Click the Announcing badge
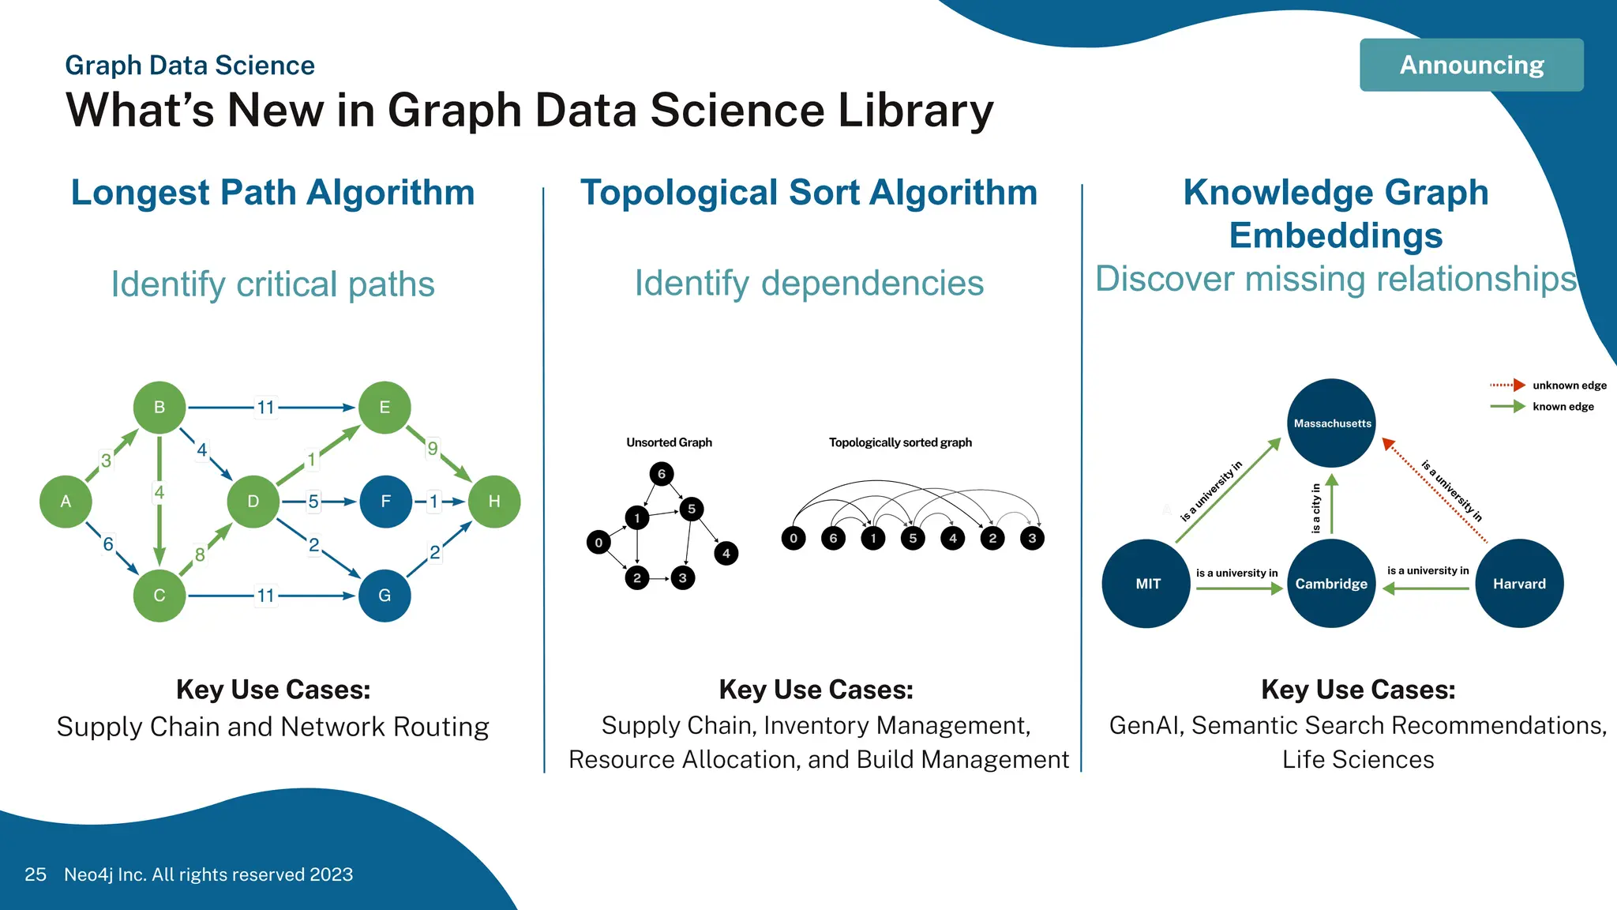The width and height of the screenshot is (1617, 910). pyautogui.click(x=1471, y=65)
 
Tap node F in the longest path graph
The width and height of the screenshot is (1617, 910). pyautogui.click(x=385, y=502)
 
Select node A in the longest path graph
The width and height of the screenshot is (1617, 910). pyautogui.click(x=66, y=502)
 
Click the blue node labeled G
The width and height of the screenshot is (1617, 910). pyautogui.click(x=385, y=596)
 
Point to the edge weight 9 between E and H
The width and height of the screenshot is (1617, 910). pyautogui.click(x=433, y=449)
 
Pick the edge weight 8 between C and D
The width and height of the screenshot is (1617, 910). pyautogui.click(x=200, y=555)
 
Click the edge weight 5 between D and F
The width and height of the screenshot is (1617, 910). pyautogui.click(x=313, y=502)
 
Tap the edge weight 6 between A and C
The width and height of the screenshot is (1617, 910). pyautogui.click(x=108, y=543)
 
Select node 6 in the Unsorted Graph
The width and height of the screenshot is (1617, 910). pyautogui.click(x=662, y=474)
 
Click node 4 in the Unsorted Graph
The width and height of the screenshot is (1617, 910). pyautogui.click(x=726, y=553)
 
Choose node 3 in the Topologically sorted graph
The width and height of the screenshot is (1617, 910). pyautogui.click(x=1032, y=539)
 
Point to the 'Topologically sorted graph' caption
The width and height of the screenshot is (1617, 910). pyautogui.click(x=900, y=442)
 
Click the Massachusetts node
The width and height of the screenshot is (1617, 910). pyautogui.click(x=1332, y=423)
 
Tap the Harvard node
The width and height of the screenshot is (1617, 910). pyautogui.click(x=1519, y=584)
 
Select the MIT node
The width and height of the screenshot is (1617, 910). pyautogui.click(x=1147, y=584)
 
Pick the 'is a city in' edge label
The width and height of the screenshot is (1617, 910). pyautogui.click(x=1315, y=508)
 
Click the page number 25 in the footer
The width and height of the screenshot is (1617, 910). pyautogui.click(x=36, y=874)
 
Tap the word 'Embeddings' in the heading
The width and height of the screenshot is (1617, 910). pyautogui.click(x=1336, y=235)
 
